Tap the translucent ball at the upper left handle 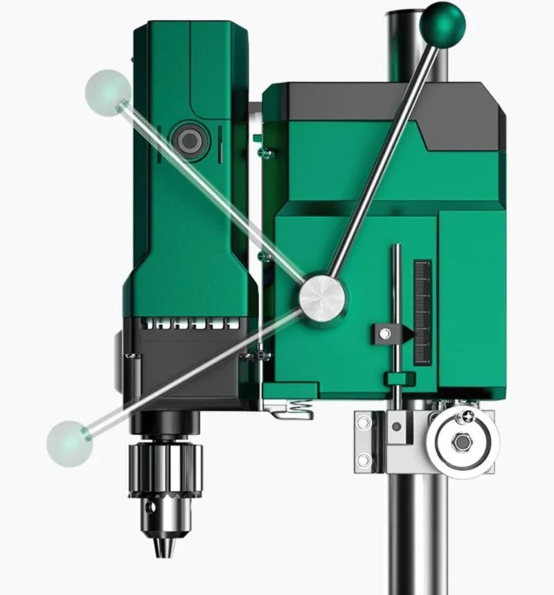108,91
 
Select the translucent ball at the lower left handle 69,443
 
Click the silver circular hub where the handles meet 322,297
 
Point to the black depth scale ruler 422,312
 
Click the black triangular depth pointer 404,335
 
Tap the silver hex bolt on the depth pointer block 385,335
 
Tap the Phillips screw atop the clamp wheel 469,416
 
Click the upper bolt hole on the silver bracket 363,422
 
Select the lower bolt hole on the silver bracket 363,459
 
